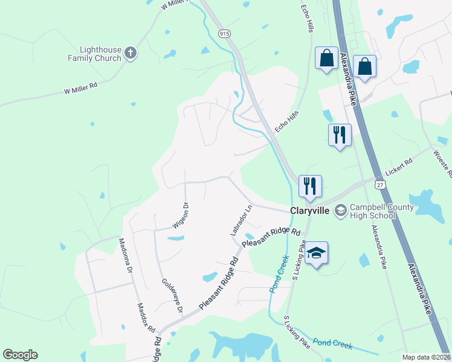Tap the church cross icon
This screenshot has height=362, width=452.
point(130,54)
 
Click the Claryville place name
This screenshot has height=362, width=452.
point(309,211)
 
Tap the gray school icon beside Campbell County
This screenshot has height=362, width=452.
point(340,209)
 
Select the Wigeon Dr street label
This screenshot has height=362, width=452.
point(181,214)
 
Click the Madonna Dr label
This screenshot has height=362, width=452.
point(125,256)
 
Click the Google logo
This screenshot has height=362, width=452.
point(20,355)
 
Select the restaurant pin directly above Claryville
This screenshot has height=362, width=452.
point(310,187)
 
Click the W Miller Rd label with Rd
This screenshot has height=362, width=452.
point(80,89)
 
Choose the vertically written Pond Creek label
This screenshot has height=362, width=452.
point(277,273)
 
